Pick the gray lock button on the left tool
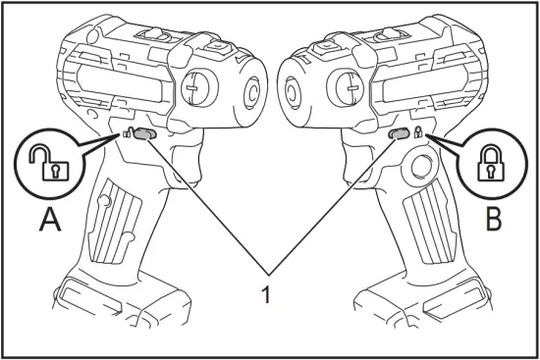(142, 133)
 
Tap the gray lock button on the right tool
(398, 133)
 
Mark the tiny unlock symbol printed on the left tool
(128, 135)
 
